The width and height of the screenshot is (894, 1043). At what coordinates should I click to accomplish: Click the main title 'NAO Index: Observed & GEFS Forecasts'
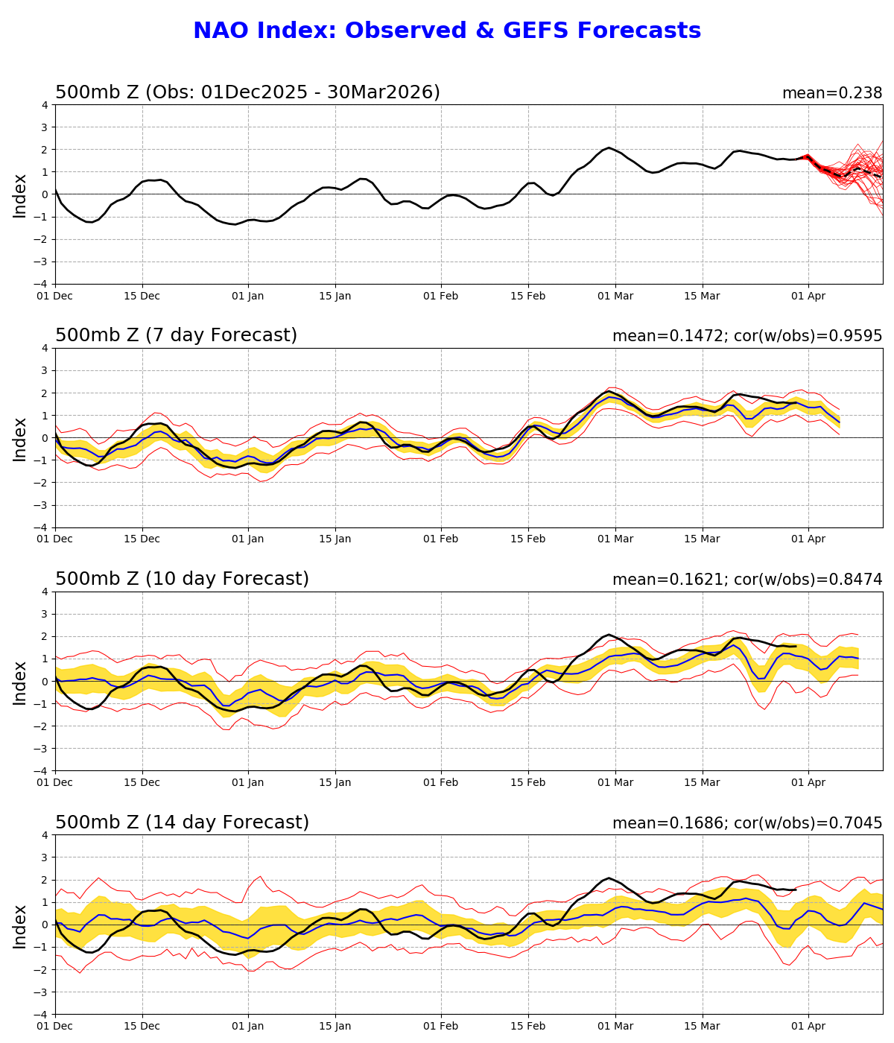point(447,31)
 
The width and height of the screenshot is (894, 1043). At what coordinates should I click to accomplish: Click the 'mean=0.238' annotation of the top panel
point(831,93)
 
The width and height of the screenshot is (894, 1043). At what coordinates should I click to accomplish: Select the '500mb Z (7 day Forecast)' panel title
point(176,335)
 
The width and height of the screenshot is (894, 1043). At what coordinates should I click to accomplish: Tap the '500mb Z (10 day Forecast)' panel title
point(182,579)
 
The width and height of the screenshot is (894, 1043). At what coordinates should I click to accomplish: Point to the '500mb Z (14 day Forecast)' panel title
point(182,822)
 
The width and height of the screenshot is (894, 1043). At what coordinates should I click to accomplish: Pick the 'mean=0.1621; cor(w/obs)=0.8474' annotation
point(746,580)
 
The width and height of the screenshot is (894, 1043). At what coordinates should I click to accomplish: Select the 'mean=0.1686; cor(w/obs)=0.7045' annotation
point(746,823)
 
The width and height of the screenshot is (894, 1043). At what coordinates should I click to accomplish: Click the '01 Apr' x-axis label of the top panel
point(808,296)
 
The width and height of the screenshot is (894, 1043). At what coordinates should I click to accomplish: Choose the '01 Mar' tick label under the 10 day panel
point(615,782)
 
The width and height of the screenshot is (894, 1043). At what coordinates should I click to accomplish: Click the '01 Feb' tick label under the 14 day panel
point(440,1026)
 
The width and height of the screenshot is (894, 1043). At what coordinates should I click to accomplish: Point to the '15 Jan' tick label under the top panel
point(335,296)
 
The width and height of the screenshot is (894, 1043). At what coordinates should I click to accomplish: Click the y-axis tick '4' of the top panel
point(45,105)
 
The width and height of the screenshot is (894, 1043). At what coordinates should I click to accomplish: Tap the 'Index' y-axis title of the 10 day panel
point(20,682)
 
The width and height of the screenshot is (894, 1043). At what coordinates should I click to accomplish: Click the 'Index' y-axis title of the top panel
point(20,195)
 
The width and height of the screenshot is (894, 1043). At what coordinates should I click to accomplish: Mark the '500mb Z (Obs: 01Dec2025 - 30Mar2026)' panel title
point(247,92)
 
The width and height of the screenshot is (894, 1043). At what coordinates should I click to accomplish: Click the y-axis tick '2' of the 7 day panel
point(45,393)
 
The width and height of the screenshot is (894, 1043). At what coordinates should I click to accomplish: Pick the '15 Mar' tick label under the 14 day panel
point(703,1026)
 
